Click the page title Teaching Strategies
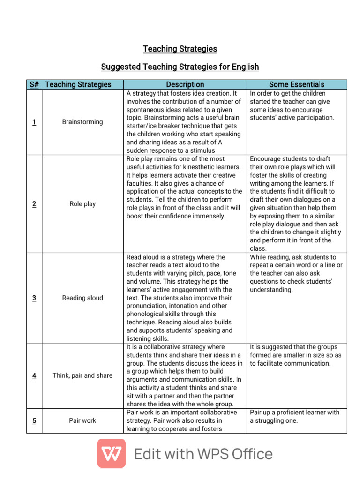(180, 49)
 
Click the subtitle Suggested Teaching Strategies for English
(180, 67)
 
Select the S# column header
(34, 84)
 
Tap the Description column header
(185, 84)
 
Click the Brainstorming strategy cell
(82, 122)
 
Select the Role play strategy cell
(82, 204)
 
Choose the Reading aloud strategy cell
(82, 298)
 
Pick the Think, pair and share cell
(82, 375)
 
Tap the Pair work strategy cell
(82, 420)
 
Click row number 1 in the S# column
(34, 122)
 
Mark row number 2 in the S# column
(34, 204)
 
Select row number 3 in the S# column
(34, 298)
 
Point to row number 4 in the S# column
(34, 375)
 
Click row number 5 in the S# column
(34, 420)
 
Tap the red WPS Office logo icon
(111, 453)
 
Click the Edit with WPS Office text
(203, 454)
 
